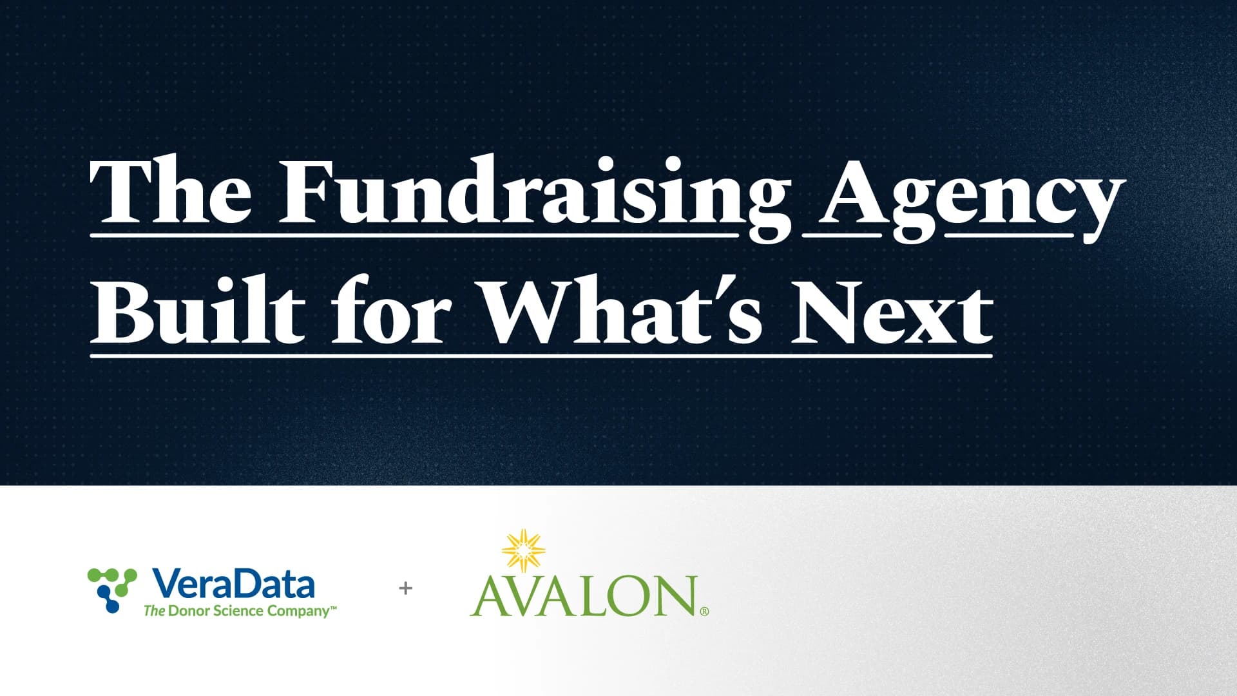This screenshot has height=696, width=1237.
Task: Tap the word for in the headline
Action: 390,309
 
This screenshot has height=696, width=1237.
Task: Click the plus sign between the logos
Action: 405,588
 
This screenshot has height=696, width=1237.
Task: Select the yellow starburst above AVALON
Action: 523,551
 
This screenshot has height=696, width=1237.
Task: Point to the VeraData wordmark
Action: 234,584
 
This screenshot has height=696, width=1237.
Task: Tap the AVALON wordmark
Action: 584,596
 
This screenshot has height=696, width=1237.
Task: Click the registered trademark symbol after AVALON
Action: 704,612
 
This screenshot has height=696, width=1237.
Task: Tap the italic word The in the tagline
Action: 155,611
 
